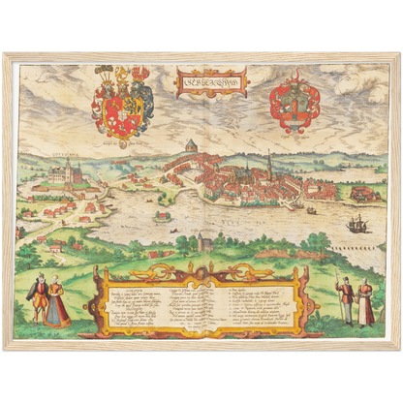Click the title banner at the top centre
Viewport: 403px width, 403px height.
click(211, 82)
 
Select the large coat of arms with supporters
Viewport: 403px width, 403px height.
click(123, 101)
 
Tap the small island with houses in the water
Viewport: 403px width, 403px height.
click(168, 200)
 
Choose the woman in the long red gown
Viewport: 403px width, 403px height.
click(57, 302)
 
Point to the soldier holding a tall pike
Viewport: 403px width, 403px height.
click(345, 299)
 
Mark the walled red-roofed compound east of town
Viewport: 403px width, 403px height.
click(363, 194)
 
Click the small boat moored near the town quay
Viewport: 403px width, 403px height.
click(311, 209)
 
